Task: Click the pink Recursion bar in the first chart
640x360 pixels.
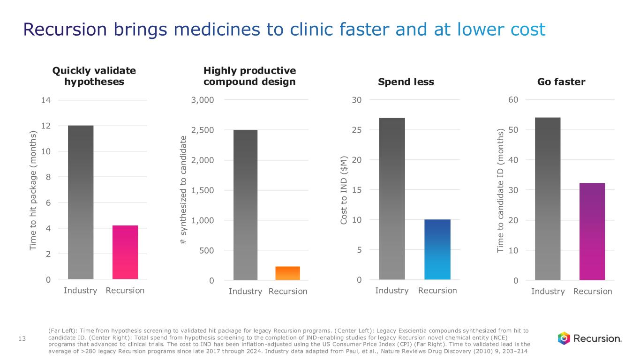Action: (125, 252)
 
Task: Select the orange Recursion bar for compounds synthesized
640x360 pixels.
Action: (287, 273)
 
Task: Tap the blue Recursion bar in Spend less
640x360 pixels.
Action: (437, 249)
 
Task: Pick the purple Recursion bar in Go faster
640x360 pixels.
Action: (592, 232)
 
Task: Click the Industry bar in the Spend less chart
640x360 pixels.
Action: (392, 199)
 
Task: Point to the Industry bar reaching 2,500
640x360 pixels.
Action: (245, 205)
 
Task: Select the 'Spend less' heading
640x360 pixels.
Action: (406, 82)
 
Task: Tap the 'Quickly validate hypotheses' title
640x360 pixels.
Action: (94, 76)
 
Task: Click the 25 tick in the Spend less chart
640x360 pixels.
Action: (357, 130)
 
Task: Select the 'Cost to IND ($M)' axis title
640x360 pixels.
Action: (345, 190)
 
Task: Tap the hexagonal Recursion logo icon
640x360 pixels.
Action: (564, 338)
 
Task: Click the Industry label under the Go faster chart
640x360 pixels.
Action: (548, 291)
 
